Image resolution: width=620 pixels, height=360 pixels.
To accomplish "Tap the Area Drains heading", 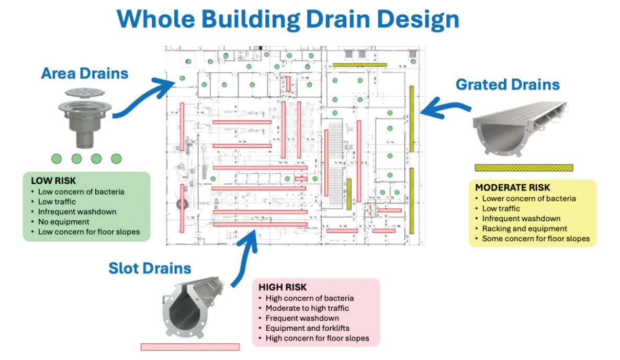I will point(84,73).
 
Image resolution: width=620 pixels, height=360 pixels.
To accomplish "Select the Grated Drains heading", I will point(508,84).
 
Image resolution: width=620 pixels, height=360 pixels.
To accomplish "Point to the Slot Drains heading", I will point(150,268).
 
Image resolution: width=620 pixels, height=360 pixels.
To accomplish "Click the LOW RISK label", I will point(54,181).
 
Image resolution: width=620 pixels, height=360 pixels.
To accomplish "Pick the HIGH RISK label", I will point(283,287).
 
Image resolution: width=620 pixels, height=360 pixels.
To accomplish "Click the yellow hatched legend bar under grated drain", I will point(524,168).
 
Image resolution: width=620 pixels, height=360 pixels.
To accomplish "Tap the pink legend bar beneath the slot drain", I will point(190,346).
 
